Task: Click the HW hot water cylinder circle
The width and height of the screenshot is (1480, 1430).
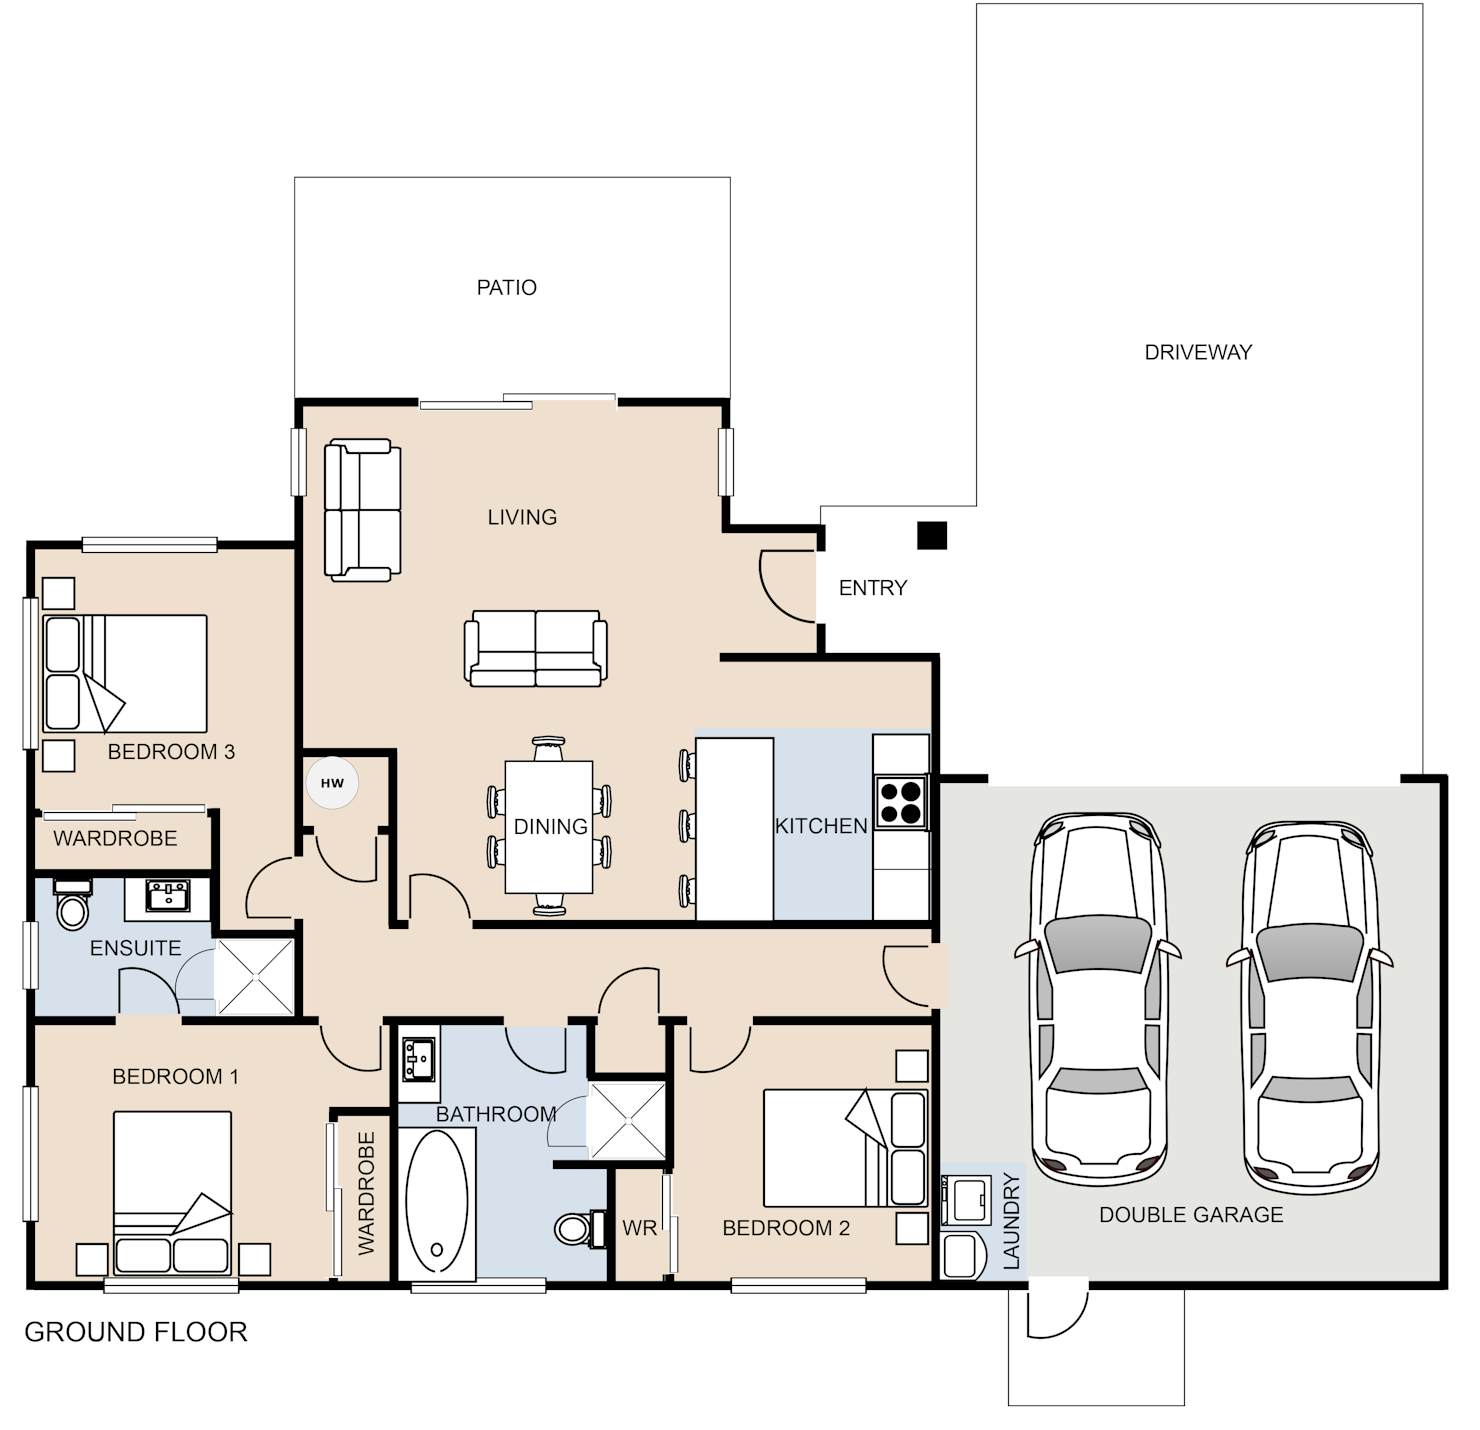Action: click(332, 783)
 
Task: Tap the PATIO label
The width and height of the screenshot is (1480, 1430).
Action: click(507, 288)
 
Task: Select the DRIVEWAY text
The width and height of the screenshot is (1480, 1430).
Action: click(1198, 352)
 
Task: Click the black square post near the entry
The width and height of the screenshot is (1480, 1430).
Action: click(932, 535)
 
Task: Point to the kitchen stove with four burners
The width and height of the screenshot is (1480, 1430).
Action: click(900, 802)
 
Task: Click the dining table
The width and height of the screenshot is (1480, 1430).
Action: click(548, 826)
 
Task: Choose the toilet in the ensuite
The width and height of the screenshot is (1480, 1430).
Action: click(72, 904)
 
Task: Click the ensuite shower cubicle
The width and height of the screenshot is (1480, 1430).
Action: click(254, 977)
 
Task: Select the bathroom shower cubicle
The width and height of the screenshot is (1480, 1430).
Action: click(627, 1120)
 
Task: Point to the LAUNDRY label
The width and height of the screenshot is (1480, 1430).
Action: click(1011, 1221)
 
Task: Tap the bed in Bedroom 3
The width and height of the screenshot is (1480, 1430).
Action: click(125, 673)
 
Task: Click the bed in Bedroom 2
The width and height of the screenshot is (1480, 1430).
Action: click(845, 1149)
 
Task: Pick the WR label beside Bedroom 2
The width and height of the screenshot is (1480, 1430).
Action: click(639, 1228)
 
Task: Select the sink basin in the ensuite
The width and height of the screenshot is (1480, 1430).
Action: click(168, 895)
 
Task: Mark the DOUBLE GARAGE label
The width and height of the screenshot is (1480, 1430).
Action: click(1191, 1215)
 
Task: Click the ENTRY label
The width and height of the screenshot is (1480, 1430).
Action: click(872, 588)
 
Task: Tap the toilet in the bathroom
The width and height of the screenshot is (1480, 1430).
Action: click(581, 1228)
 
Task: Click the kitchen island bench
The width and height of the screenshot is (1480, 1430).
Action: click(735, 829)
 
